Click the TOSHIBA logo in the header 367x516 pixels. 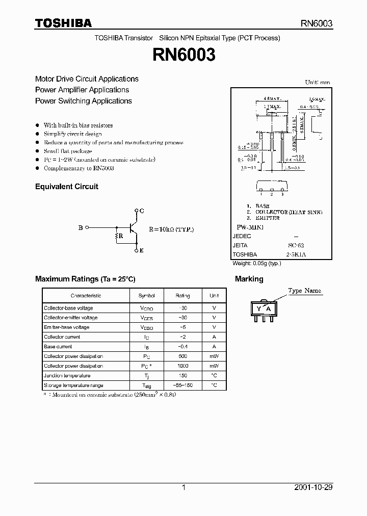(x=63, y=23)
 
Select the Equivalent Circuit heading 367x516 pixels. (x=66, y=187)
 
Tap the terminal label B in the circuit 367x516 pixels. (x=81, y=228)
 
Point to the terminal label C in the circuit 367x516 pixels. (x=142, y=211)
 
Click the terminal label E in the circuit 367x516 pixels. (x=142, y=250)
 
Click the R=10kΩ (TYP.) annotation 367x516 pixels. (x=171, y=229)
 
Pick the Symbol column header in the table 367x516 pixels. (x=147, y=296)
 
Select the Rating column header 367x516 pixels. (x=182, y=296)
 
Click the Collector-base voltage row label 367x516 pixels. (x=68, y=308)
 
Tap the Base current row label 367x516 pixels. (x=58, y=347)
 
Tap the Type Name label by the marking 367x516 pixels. (x=305, y=291)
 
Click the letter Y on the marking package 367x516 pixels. (x=259, y=309)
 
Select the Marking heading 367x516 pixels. (x=249, y=279)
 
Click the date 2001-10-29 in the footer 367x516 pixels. (x=313, y=487)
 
